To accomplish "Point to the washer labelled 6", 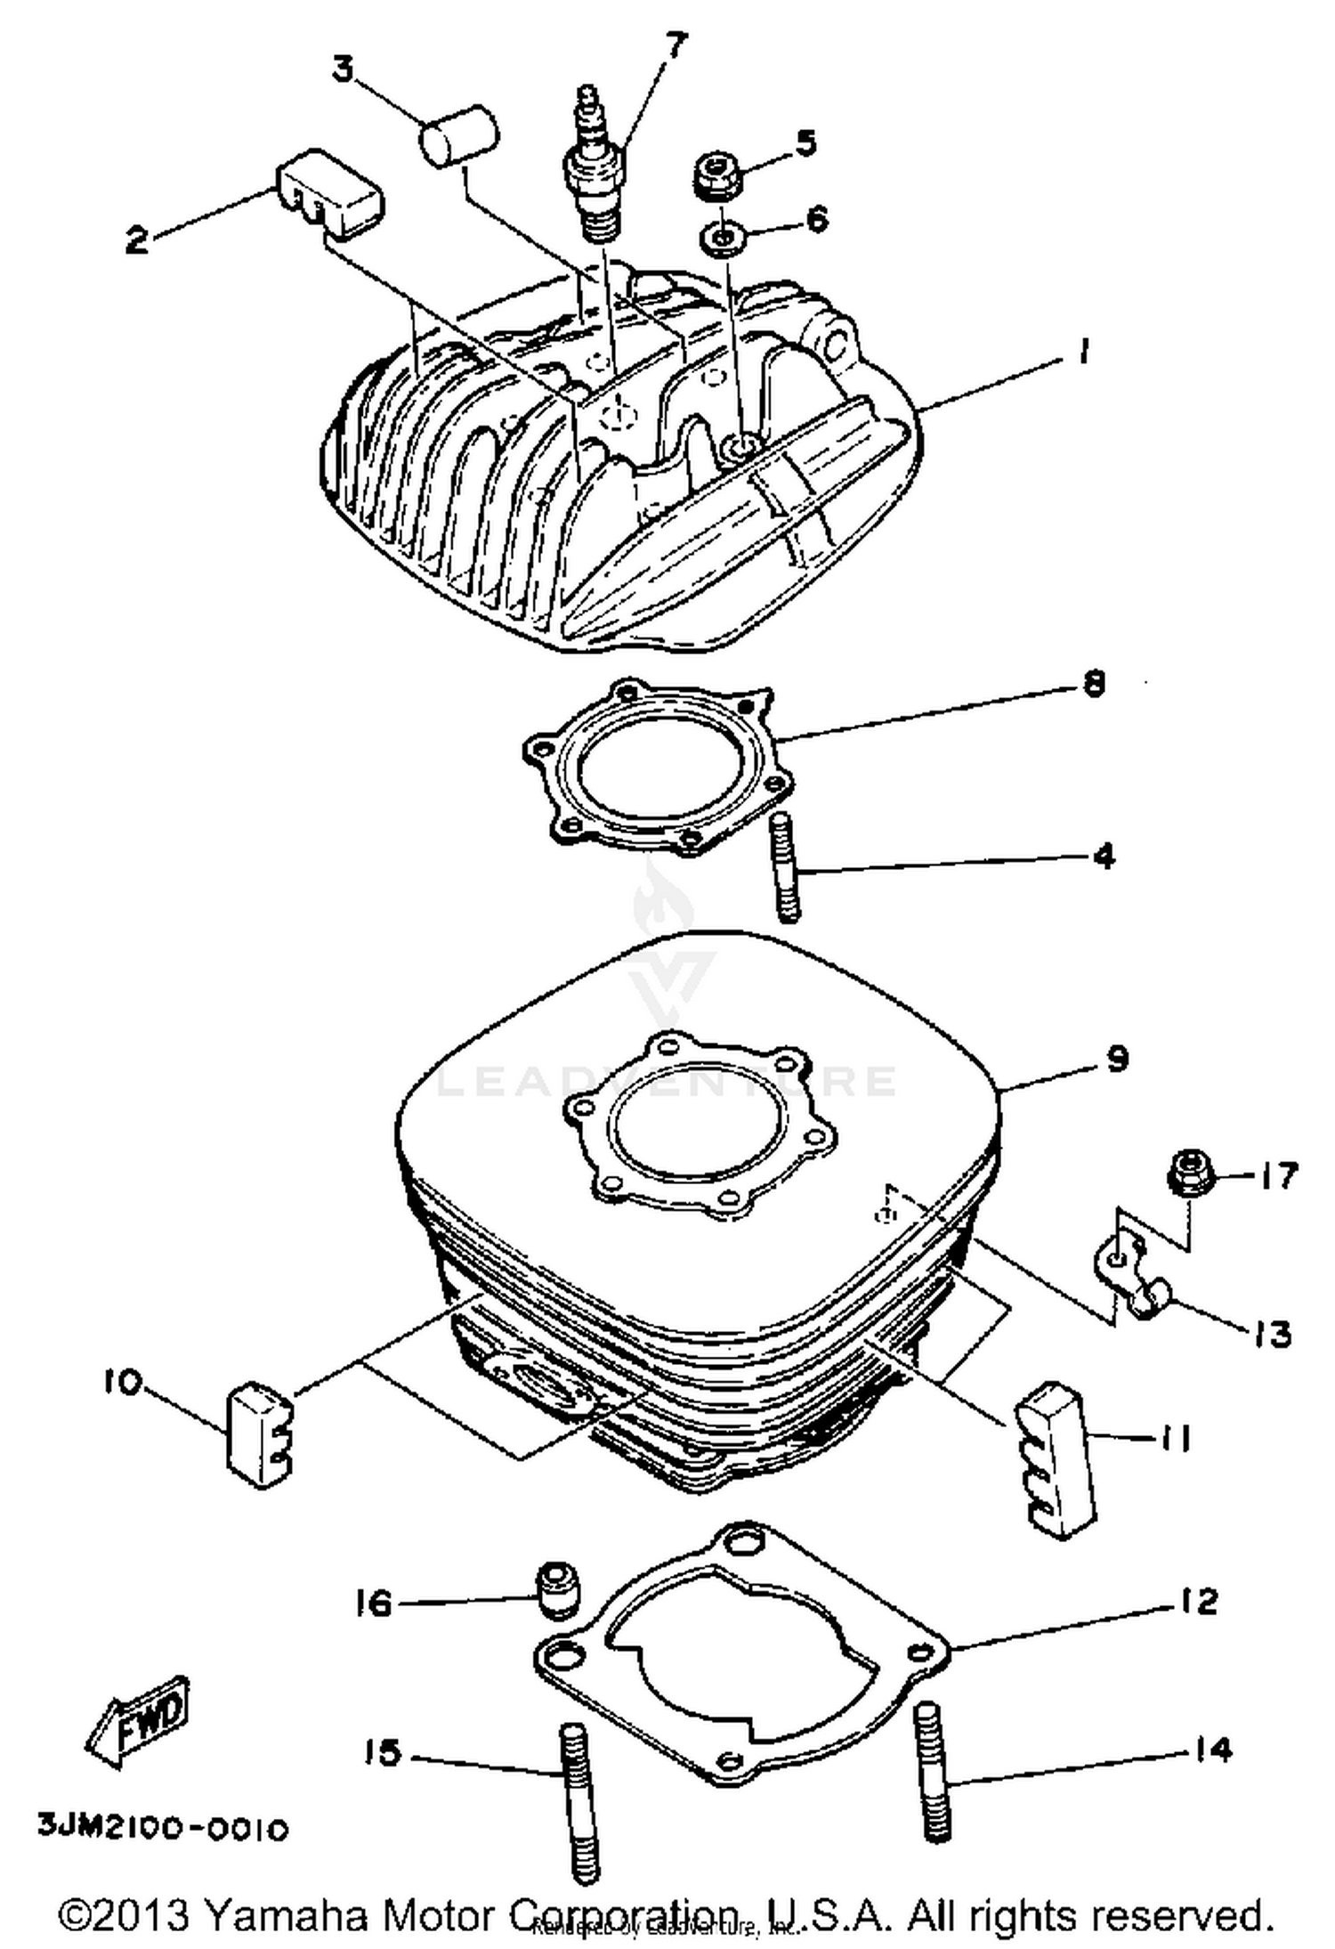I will click(x=721, y=239).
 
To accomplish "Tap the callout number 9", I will click(x=1117, y=1059).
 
